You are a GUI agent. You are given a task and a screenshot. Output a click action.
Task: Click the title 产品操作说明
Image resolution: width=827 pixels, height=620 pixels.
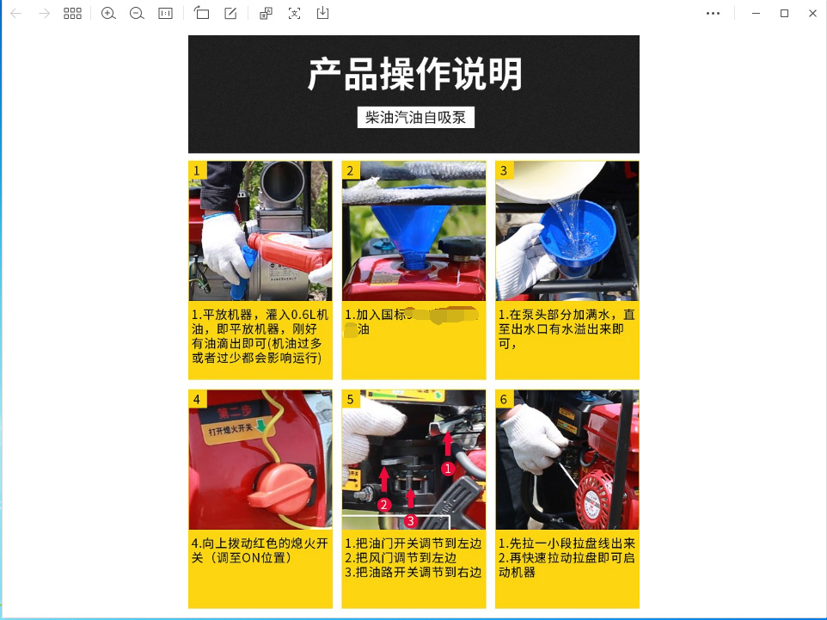414,75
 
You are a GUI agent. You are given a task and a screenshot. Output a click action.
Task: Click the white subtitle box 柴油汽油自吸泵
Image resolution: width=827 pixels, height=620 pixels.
415,118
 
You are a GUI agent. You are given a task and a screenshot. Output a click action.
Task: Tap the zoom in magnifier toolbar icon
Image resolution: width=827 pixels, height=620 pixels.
108,14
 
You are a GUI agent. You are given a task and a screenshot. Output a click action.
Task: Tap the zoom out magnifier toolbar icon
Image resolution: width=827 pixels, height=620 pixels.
137,14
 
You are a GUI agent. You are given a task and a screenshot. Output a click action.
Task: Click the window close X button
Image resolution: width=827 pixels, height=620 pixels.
812,14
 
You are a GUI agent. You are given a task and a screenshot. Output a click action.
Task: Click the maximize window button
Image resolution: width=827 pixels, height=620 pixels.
784,14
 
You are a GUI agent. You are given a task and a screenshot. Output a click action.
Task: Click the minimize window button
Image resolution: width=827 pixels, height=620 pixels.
756,14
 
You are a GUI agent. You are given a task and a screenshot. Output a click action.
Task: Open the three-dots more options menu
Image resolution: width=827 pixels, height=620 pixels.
713,14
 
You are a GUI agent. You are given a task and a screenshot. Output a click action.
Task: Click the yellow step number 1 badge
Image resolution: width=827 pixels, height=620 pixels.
197,170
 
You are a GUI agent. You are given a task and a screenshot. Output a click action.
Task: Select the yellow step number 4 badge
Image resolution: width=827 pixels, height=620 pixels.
197,399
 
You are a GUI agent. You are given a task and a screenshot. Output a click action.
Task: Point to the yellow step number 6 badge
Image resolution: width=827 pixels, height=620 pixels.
504,399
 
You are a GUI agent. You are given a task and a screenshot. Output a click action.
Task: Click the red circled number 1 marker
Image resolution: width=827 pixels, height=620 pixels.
447,469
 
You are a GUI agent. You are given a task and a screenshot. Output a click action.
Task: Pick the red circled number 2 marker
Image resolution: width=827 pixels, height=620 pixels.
384,504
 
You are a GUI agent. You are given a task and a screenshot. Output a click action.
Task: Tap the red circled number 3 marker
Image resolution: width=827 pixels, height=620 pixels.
411,520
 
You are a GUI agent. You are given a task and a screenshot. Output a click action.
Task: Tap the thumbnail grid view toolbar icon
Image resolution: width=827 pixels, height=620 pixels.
73,14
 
